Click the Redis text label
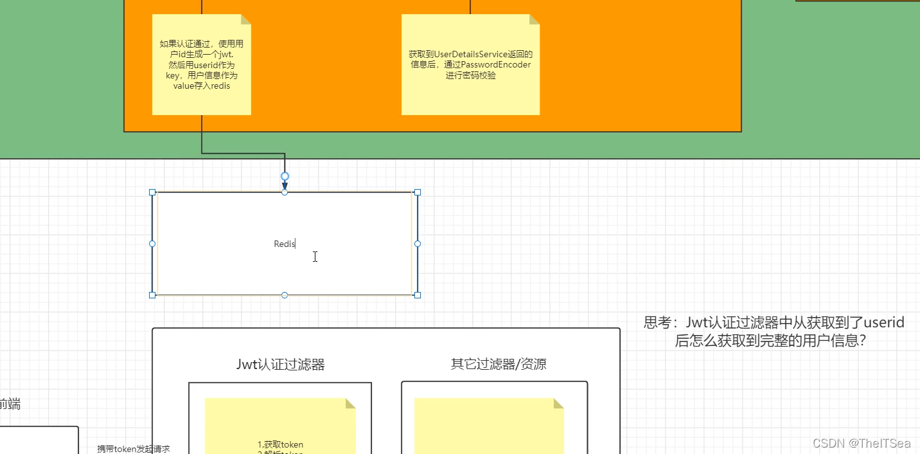pyautogui.click(x=284, y=244)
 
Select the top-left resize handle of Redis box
pyautogui.click(x=152, y=192)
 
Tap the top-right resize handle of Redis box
pyautogui.click(x=418, y=192)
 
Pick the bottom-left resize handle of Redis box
pyautogui.click(x=152, y=295)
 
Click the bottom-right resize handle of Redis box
pyautogui.click(x=418, y=295)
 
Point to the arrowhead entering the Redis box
pyautogui.click(x=285, y=186)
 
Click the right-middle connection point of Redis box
pyautogui.click(x=418, y=244)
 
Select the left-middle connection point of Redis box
pyautogui.click(x=152, y=244)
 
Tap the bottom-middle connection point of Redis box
pyautogui.click(x=285, y=295)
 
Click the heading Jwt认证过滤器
pyautogui.click(x=281, y=365)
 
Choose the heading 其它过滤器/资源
pyautogui.click(x=499, y=364)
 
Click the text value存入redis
pyautogui.click(x=202, y=86)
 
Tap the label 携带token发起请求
pyautogui.click(x=134, y=449)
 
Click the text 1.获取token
pyautogui.click(x=280, y=444)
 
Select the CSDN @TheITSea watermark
pyautogui.click(x=862, y=443)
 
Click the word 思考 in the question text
pyautogui.click(x=657, y=322)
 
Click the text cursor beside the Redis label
pyautogui.click(x=315, y=257)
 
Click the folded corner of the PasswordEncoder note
pyautogui.click(x=534, y=19)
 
